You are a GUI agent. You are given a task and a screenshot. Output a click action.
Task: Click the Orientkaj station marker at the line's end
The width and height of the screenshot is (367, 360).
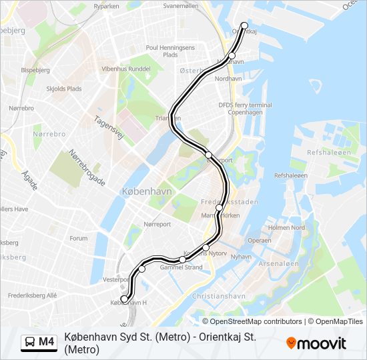(x=244, y=26)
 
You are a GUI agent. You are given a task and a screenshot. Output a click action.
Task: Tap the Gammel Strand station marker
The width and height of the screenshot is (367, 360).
(x=182, y=259)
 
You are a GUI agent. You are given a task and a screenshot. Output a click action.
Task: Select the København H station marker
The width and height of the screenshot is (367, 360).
(x=123, y=299)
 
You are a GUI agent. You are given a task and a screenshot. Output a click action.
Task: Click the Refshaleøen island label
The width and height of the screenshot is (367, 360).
(x=328, y=153)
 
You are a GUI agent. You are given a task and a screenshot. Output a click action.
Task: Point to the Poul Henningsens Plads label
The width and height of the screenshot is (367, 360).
(x=170, y=51)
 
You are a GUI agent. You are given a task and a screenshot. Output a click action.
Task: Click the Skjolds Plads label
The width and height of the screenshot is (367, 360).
(x=64, y=89)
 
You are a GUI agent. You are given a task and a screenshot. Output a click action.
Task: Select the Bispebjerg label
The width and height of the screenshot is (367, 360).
(x=35, y=69)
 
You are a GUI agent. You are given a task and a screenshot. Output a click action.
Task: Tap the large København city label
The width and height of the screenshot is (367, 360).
(x=147, y=191)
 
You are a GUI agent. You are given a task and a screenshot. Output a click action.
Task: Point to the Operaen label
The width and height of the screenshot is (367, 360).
(x=259, y=240)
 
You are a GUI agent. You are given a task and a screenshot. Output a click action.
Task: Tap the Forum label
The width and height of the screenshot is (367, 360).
(x=79, y=238)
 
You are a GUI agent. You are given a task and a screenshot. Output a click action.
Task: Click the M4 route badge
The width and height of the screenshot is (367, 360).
(x=39, y=342)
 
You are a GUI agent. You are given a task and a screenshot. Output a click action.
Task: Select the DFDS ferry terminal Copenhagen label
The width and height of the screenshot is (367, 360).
(x=245, y=109)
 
